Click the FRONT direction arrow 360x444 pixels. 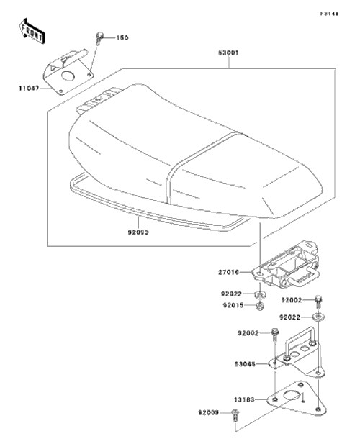32,32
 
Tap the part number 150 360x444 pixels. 122,37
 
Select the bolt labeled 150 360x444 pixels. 99,39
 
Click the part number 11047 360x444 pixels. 29,89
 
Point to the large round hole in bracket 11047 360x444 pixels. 68,76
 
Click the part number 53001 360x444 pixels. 228,53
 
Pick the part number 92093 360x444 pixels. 138,232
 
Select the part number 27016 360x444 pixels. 228,272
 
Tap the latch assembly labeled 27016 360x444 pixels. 286,266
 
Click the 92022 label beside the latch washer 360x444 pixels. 231,294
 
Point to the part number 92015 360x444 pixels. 233,305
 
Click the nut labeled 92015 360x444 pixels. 260,306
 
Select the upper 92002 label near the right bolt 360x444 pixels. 292,300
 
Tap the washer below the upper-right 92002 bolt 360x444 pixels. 319,317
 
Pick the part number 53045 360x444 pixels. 245,364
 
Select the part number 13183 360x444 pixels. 244,400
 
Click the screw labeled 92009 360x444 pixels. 235,415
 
